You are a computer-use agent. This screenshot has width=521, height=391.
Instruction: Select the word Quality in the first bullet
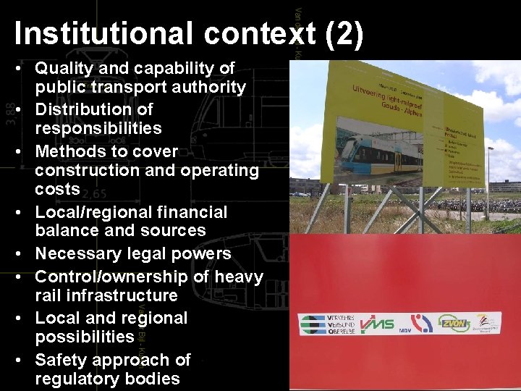point(66,69)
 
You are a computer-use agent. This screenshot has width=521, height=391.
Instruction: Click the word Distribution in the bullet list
point(94,110)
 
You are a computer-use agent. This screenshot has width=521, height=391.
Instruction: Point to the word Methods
point(70,152)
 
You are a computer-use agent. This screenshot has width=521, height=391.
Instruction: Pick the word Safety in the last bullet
point(59,360)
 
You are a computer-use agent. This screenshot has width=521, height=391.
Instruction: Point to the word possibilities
point(84,337)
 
